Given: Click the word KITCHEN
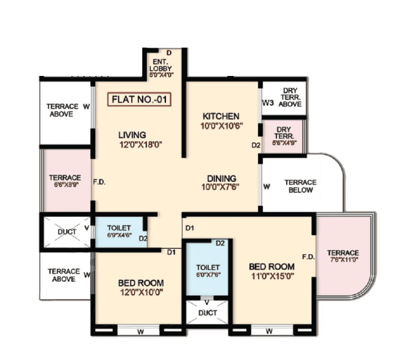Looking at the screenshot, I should (221, 116).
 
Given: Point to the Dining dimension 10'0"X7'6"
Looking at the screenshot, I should (221, 187).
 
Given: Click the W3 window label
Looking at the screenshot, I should (267, 102).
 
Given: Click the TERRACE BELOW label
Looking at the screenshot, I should (300, 186).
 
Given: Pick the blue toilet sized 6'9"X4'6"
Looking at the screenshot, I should (119, 231).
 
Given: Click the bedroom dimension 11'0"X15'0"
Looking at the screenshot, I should (272, 276).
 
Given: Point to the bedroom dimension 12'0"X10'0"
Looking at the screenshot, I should (141, 292).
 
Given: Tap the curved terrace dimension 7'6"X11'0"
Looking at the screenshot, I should (343, 262).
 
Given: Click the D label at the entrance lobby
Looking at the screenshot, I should (168, 52).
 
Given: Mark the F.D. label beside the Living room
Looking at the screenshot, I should (99, 182).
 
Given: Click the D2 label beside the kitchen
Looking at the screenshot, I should (256, 145).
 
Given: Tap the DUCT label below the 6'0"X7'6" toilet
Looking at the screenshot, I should (207, 313).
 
